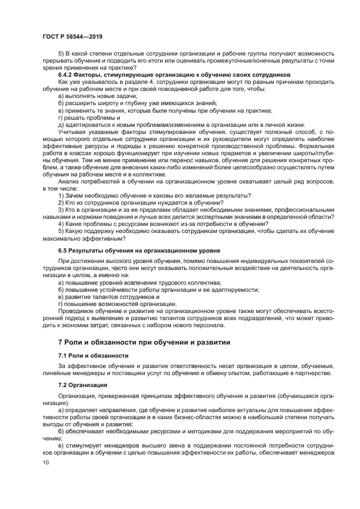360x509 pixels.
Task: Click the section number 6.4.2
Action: [67, 75]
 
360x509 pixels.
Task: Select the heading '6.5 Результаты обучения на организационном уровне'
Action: [139, 250]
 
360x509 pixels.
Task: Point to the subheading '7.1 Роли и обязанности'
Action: [93, 355]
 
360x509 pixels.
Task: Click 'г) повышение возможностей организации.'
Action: [117, 304]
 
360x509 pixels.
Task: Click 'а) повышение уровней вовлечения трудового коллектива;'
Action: [139, 283]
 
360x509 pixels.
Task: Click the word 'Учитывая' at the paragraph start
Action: [72, 132]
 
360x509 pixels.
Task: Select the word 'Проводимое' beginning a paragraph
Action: [75, 311]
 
